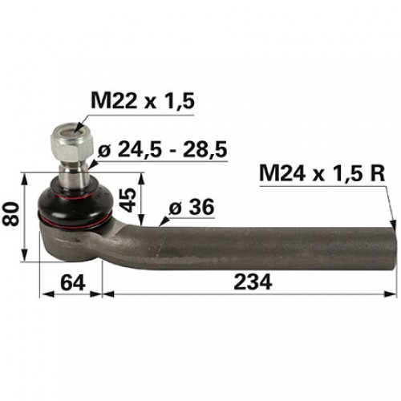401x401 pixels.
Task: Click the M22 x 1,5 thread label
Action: pyautogui.click(x=143, y=101)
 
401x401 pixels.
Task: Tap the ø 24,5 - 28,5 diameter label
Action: pyautogui.click(x=163, y=149)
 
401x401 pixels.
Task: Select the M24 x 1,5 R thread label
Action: pyautogui.click(x=322, y=174)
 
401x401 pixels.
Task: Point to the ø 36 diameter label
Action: pyautogui.click(x=192, y=207)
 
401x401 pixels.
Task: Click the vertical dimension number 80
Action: pyautogui.click(x=11, y=214)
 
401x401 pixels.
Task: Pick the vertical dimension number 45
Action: pyautogui.click(x=128, y=200)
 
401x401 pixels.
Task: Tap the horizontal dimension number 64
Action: pyautogui.click(x=73, y=282)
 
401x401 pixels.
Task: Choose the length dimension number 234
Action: pyautogui.click(x=253, y=282)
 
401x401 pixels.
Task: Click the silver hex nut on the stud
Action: pyautogui.click(x=71, y=143)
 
